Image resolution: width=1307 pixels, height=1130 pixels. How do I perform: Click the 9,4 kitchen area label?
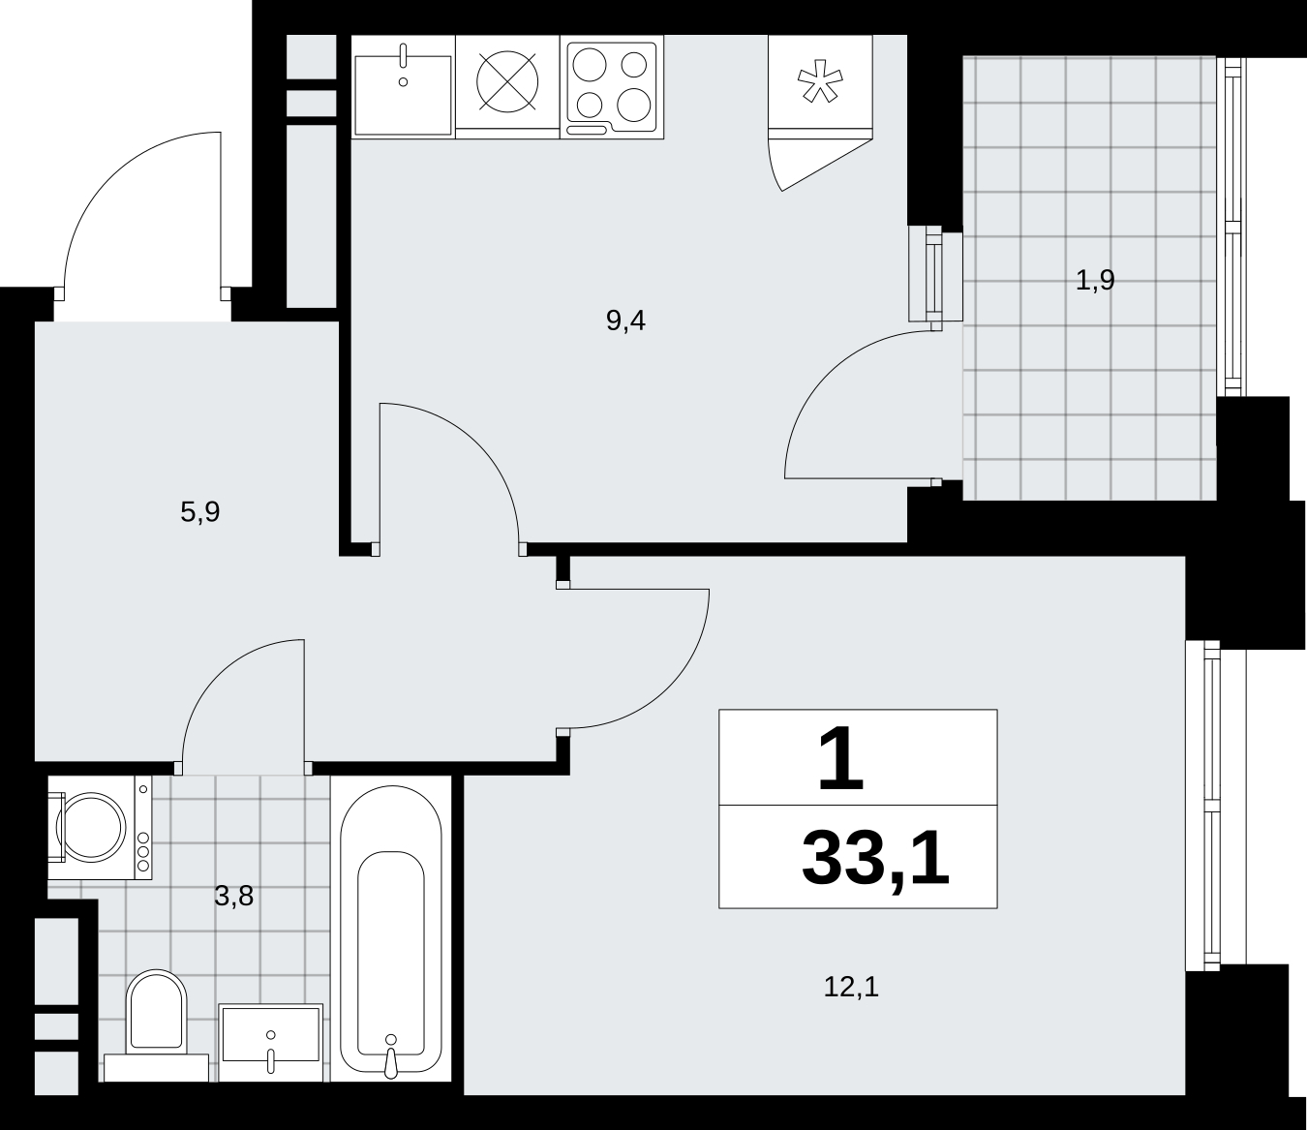tap(625, 321)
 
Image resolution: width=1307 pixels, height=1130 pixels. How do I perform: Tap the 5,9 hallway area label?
tap(199, 511)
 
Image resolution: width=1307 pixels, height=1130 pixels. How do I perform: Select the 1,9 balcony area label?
tap(1095, 280)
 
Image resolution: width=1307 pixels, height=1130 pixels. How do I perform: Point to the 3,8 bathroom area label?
tap(233, 896)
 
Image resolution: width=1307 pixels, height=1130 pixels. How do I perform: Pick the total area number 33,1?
tap(876, 860)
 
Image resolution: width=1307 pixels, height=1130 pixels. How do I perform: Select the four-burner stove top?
tap(612, 87)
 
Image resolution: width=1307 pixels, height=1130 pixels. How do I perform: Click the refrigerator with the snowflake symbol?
tap(820, 86)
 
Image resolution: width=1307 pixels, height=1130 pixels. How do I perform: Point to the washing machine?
tap(100, 827)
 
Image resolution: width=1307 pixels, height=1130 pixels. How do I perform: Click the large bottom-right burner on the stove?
tap(633, 105)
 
